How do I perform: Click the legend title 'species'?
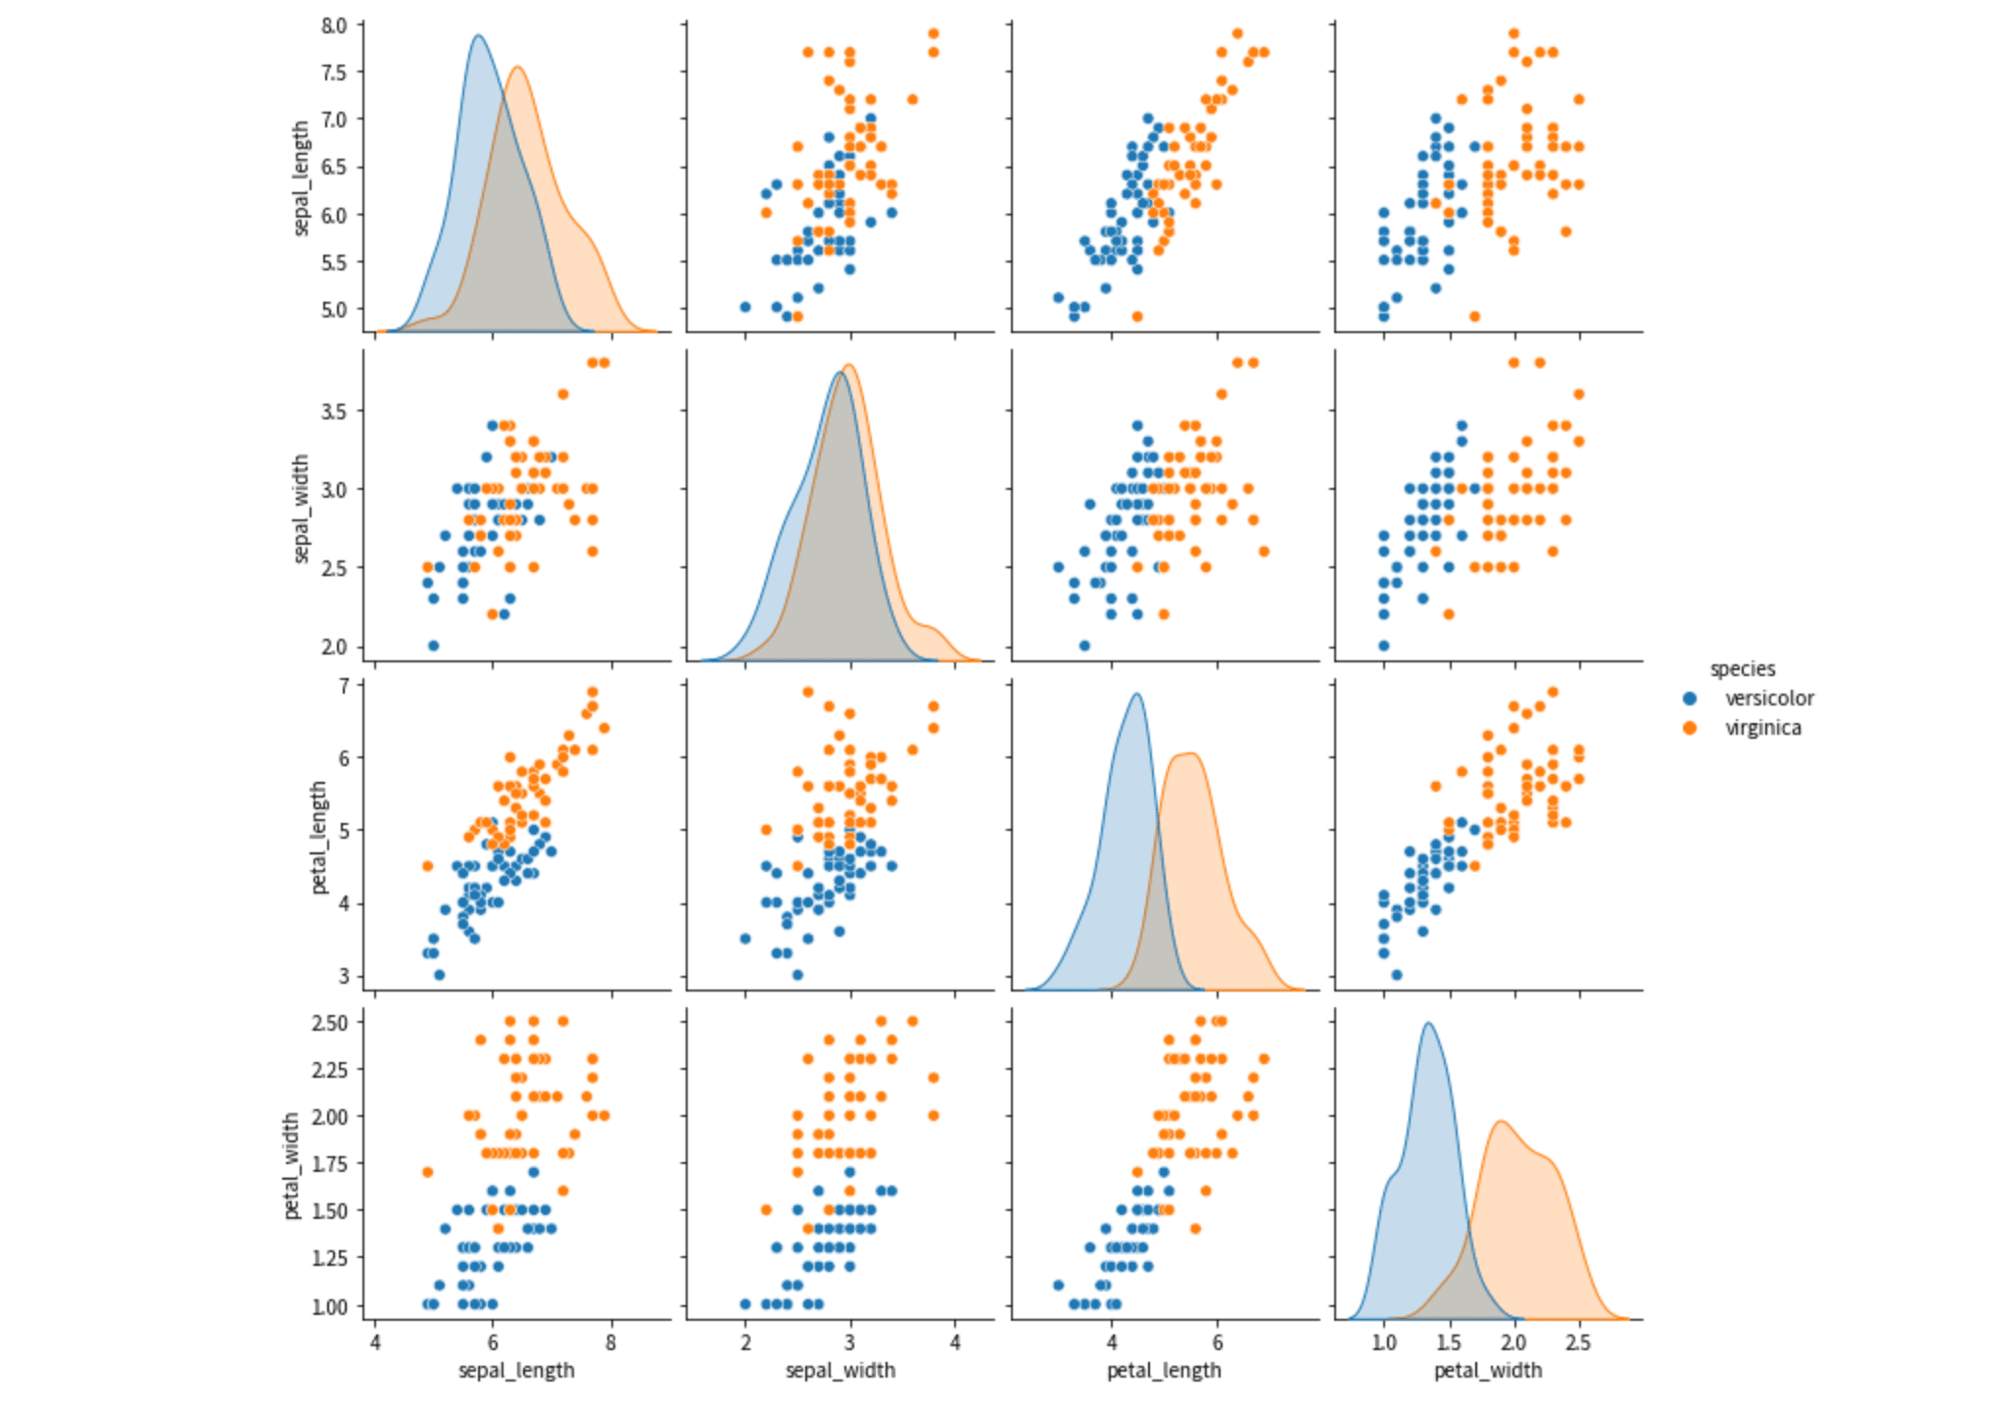click(x=1742, y=669)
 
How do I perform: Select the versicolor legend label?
click(x=1769, y=699)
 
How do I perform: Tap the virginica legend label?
click(x=1762, y=728)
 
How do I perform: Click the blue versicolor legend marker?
click(x=1690, y=699)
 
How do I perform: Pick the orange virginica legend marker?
click(x=1690, y=728)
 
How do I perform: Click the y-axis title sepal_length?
click(x=301, y=178)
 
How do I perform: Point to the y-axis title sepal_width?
click(x=301, y=509)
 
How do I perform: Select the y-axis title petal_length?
click(x=318, y=838)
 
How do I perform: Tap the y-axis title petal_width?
click(x=291, y=1166)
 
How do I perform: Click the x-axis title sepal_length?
click(x=516, y=1371)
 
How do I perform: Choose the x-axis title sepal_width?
click(x=840, y=1371)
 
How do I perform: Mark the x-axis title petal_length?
click(x=1164, y=1371)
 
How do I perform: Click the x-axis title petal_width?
click(x=1488, y=1371)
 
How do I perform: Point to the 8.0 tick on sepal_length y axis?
click(x=334, y=25)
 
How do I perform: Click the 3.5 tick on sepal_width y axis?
click(x=334, y=411)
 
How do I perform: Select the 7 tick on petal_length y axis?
click(x=344, y=686)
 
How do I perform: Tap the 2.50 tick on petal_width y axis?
click(x=329, y=1023)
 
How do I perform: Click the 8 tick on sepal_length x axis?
click(x=611, y=1342)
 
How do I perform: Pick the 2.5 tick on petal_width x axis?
click(x=1578, y=1342)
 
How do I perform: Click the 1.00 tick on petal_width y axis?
click(x=329, y=1306)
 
